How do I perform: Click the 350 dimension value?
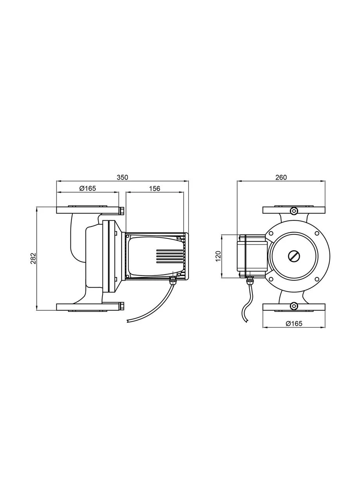[122, 177]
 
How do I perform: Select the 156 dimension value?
[155, 189]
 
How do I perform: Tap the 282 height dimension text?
[33, 258]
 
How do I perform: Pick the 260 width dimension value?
[281, 177]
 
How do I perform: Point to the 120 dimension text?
[218, 256]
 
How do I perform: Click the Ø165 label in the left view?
[88, 189]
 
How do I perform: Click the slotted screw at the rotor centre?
[293, 256]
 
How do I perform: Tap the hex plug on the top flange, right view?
[293, 211]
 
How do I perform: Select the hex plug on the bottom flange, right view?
[293, 306]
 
